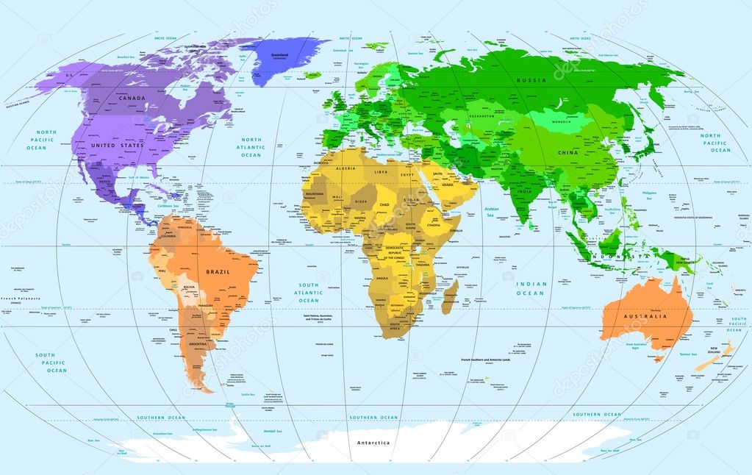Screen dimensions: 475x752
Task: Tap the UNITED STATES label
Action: click(x=117, y=146)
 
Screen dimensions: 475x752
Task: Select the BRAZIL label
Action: click(x=218, y=271)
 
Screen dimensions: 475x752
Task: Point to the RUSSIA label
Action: click(x=531, y=79)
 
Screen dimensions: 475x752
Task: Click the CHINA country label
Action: click(x=567, y=152)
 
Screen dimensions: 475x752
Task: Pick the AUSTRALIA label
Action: click(x=645, y=317)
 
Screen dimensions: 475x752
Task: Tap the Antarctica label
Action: click(x=373, y=443)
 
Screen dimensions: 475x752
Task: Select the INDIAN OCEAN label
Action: click(x=530, y=288)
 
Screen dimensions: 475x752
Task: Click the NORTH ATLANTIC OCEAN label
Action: click(x=251, y=147)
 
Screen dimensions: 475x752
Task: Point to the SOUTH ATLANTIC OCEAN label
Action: click(x=309, y=293)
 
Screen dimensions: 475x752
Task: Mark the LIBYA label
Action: click(x=381, y=171)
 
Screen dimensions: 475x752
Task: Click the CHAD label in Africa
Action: click(x=384, y=205)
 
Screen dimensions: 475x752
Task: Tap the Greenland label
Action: click(x=279, y=54)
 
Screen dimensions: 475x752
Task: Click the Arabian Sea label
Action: click(x=492, y=213)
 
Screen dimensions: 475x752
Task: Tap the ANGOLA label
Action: click(x=382, y=278)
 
